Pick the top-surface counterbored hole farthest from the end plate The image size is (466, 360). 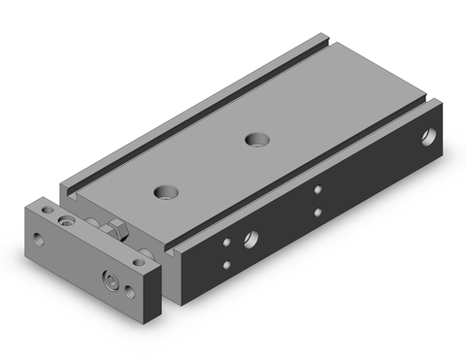coord(257,139)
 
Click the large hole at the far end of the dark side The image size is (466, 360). coord(428,138)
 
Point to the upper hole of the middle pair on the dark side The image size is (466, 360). coord(317,191)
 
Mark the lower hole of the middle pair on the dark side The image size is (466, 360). coord(317,211)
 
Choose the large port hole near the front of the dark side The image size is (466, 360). coord(250,236)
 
